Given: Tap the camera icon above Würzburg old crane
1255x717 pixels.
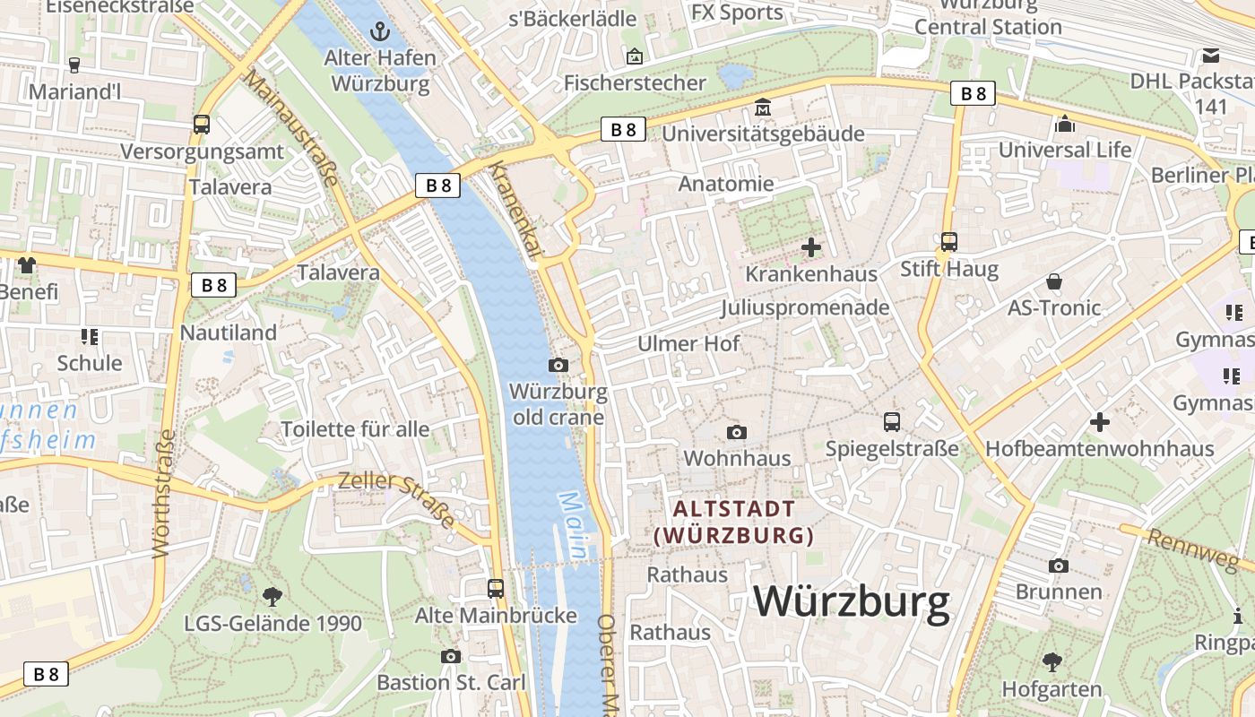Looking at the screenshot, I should (558, 365).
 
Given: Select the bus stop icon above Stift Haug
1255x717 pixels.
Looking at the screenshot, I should (948, 242).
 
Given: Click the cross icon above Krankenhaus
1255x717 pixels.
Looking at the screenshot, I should (811, 247).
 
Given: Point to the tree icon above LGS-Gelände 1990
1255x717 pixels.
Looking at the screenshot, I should (272, 596).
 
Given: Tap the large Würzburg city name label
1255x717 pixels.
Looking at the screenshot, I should (851, 602).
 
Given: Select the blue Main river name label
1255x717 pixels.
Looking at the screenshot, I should (574, 525).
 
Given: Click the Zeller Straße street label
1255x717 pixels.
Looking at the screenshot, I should (396, 498).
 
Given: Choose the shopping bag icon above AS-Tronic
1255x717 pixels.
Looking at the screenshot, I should (1054, 281).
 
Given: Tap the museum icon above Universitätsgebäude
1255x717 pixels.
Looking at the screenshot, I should (763, 108).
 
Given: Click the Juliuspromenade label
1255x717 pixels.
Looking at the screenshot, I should (804, 307).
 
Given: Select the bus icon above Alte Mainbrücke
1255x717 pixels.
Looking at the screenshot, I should (495, 589).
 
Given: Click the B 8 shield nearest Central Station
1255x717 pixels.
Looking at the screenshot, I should (973, 93).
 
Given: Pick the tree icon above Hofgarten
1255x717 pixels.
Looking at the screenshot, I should (1052, 662).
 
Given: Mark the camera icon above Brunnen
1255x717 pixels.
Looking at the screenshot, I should (1059, 566).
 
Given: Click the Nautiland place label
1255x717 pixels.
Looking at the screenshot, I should (228, 333).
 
